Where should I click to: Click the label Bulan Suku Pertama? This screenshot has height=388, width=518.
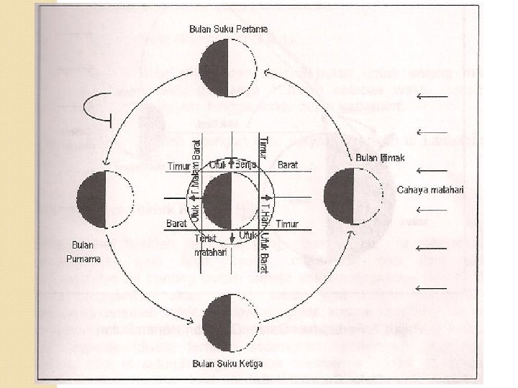(x=228, y=29)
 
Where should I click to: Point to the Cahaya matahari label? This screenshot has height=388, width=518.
(x=431, y=190)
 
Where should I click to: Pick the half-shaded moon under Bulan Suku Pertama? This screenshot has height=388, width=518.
(x=228, y=69)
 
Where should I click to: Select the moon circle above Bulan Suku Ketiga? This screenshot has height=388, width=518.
(x=228, y=319)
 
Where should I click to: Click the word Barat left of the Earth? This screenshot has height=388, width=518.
(x=176, y=224)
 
